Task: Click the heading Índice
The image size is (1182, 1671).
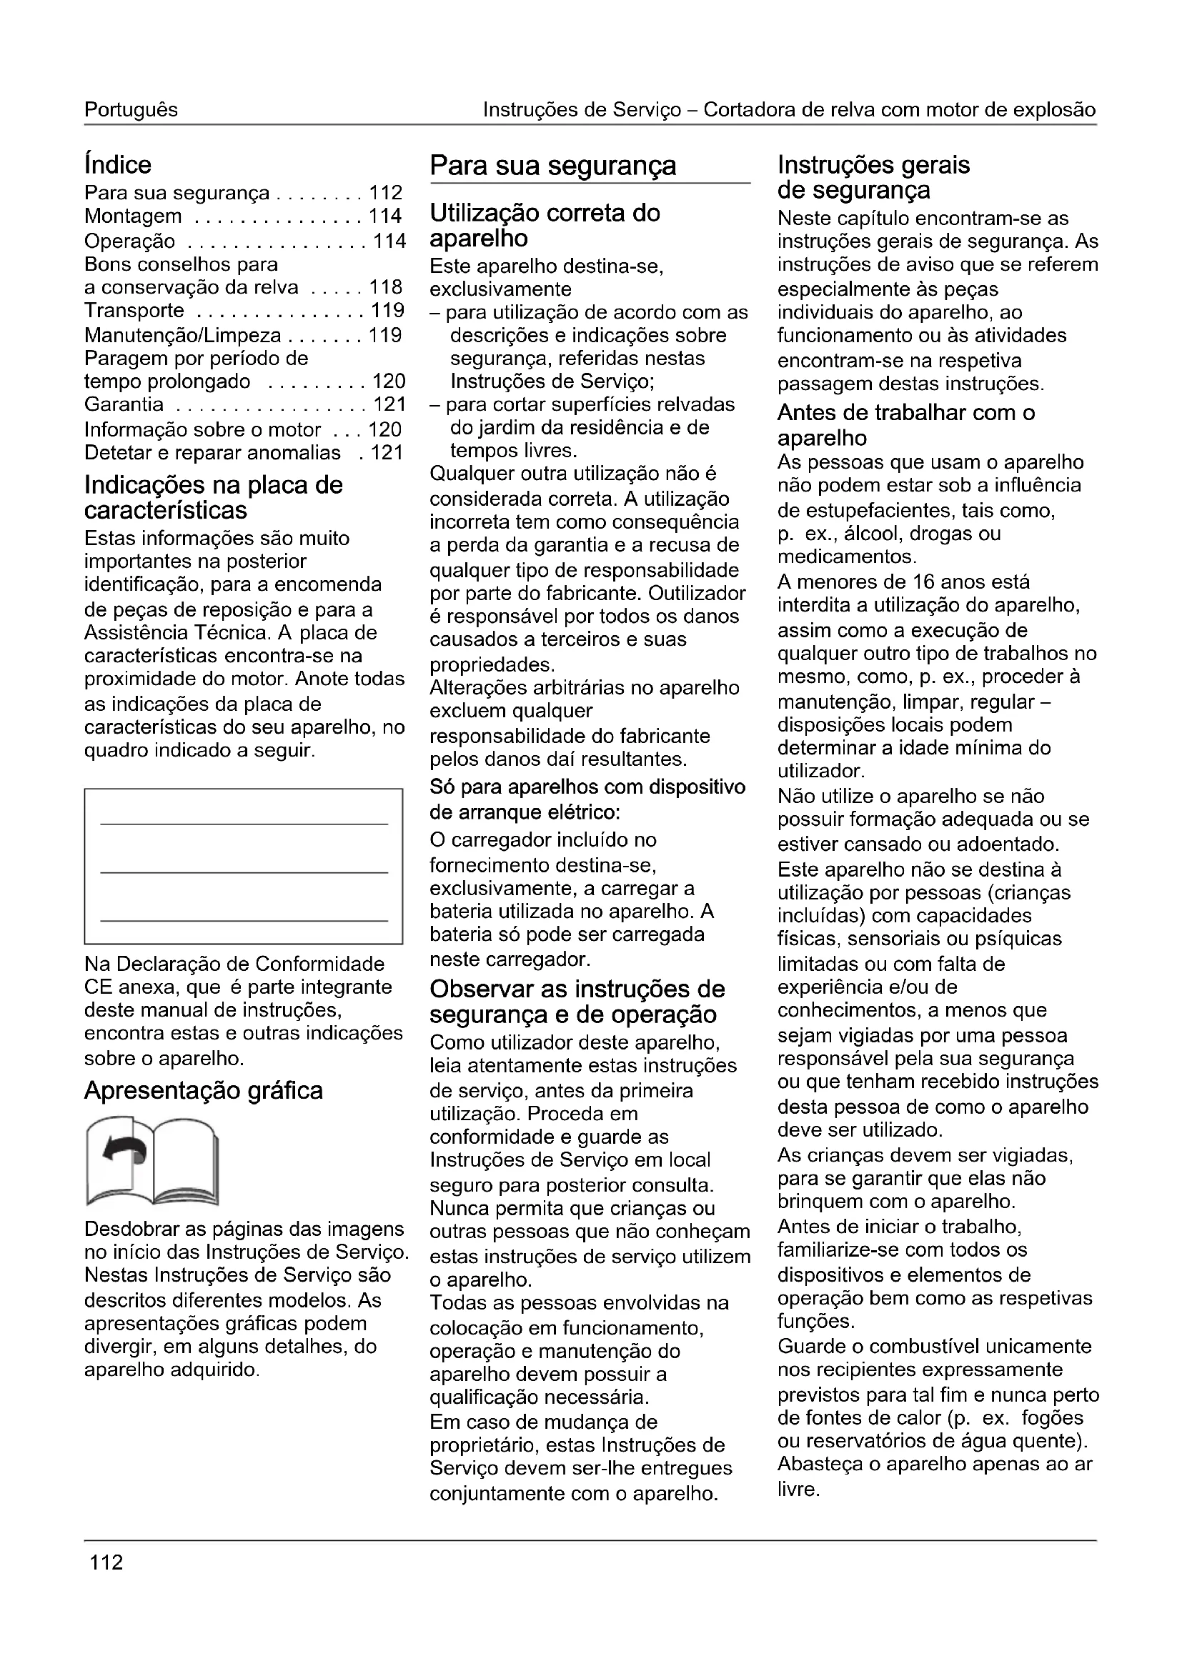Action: [x=118, y=165]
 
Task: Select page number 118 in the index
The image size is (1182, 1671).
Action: [x=386, y=287]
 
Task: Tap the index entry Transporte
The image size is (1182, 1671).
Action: [x=134, y=311]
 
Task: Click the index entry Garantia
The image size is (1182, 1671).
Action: [x=124, y=404]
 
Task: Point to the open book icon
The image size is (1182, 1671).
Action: [x=152, y=1162]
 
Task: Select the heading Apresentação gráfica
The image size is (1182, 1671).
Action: [x=204, y=1090]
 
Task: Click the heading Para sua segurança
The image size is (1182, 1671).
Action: [x=553, y=166]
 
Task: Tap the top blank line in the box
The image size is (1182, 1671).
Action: [x=244, y=824]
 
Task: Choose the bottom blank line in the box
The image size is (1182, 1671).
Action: [x=244, y=921]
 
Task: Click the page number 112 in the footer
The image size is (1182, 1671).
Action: [x=106, y=1562]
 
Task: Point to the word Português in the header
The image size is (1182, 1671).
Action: [x=131, y=110]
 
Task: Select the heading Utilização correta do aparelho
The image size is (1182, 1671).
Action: [x=545, y=226]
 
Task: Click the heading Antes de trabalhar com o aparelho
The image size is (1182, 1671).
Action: [x=905, y=425]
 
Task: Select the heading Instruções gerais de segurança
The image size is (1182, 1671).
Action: [x=873, y=178]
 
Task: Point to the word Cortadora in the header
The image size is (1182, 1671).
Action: [x=751, y=110]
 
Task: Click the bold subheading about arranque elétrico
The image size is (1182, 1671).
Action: [x=587, y=799]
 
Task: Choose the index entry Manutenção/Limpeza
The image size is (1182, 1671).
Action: [x=183, y=336]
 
